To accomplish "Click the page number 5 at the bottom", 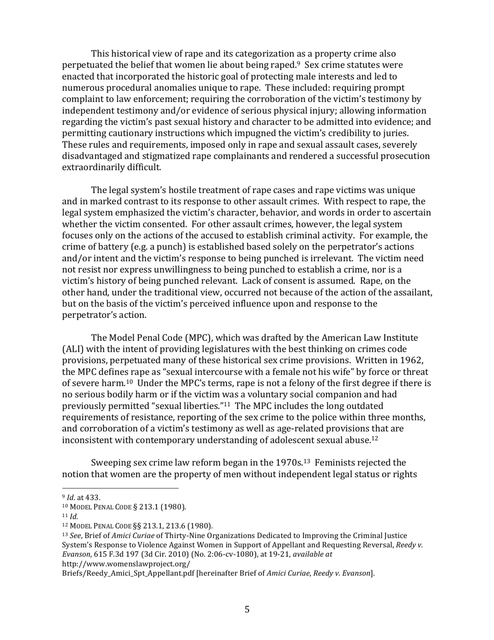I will point(247,609).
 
